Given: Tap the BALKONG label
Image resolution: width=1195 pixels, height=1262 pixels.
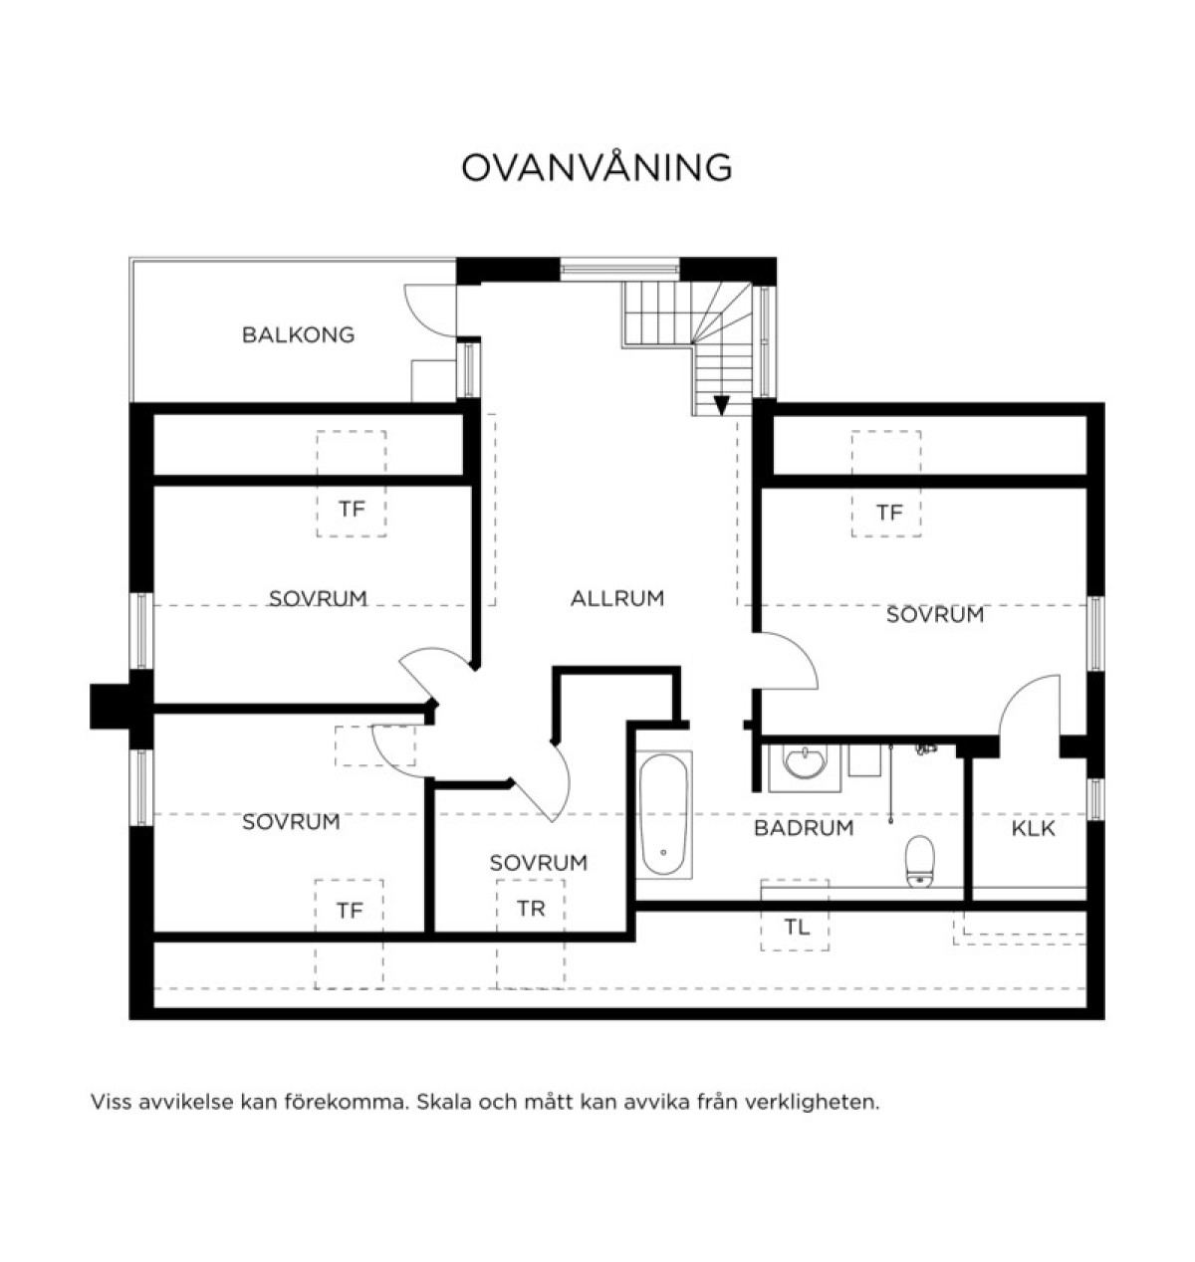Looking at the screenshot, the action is pyautogui.click(x=298, y=334).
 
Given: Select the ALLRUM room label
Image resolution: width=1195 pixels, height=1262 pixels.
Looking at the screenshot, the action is pyautogui.click(x=616, y=598).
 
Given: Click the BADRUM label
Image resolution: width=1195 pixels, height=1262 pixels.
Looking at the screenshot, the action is pyautogui.click(x=803, y=828).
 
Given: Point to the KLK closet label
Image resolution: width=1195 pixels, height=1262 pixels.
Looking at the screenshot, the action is pyautogui.click(x=1033, y=828).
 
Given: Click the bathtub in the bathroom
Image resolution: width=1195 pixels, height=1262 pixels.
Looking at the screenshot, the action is pyautogui.click(x=663, y=814).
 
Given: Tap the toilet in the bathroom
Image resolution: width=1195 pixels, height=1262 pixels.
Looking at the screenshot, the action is pyautogui.click(x=919, y=862).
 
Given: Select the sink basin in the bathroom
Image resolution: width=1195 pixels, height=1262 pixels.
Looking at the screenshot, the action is pyautogui.click(x=805, y=763).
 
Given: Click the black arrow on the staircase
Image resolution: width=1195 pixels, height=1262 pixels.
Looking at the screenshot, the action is pyautogui.click(x=722, y=405).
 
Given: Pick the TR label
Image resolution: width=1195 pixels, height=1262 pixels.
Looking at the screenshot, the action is pyautogui.click(x=531, y=909).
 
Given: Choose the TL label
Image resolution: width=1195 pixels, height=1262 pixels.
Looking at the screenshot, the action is pyautogui.click(x=796, y=927).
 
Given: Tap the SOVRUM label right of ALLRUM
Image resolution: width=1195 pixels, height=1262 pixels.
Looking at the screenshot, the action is pyautogui.click(x=935, y=615).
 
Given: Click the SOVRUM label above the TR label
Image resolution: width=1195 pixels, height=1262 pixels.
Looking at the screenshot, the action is pyautogui.click(x=539, y=863).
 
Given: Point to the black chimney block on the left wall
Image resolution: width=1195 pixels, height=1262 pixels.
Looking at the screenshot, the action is pyautogui.click(x=111, y=706).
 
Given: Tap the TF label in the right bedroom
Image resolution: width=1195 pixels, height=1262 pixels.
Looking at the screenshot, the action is pyautogui.click(x=889, y=513).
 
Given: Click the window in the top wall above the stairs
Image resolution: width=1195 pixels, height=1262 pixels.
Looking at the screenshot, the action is pyautogui.click(x=619, y=269).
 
